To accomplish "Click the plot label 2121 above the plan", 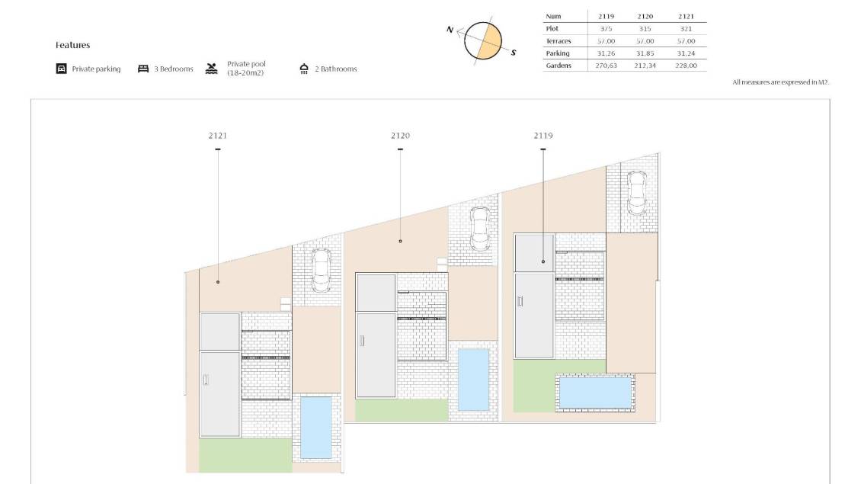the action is [x=217, y=136].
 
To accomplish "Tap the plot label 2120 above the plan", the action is [x=400, y=136].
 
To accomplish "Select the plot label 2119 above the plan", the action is [x=543, y=136].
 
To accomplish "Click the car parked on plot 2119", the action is [x=637, y=193].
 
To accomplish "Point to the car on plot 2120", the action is [x=480, y=229].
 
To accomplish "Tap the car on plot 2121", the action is [x=322, y=271].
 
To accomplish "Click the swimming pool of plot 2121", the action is [x=316, y=428].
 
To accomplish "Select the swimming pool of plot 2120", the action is [x=473, y=380].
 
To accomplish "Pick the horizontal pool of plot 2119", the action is [x=595, y=393].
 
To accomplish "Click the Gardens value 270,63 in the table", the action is [x=607, y=66].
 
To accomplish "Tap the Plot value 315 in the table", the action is [x=645, y=28].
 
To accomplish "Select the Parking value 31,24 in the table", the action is [x=686, y=53].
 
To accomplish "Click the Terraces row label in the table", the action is [x=559, y=41].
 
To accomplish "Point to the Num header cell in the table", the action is [x=553, y=17].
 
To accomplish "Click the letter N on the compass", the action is [x=450, y=30].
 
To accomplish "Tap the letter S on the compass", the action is [x=514, y=53].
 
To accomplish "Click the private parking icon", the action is [x=62, y=69].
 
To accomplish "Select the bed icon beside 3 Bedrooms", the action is [x=143, y=69].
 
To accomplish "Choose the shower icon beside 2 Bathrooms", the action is [x=304, y=69].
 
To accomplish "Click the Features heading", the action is [x=72, y=45].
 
